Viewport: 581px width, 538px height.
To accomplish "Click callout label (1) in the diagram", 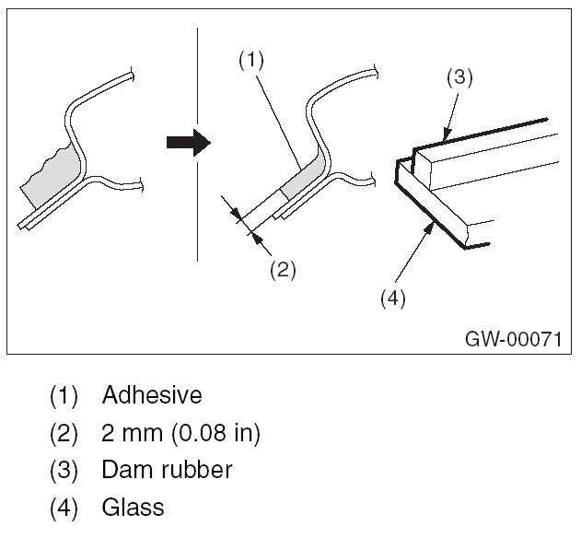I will [251, 60].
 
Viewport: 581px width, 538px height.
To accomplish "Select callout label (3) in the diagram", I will [459, 77].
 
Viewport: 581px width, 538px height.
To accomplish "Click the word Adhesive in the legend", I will [152, 395].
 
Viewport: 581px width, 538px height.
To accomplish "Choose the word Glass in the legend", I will [134, 507].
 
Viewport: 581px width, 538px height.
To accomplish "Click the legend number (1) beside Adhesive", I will [64, 396].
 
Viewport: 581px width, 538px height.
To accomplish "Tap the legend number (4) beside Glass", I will [64, 508].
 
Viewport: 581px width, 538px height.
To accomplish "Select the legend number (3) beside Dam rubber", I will [64, 471].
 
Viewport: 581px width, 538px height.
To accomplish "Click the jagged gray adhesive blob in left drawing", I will [51, 184].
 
